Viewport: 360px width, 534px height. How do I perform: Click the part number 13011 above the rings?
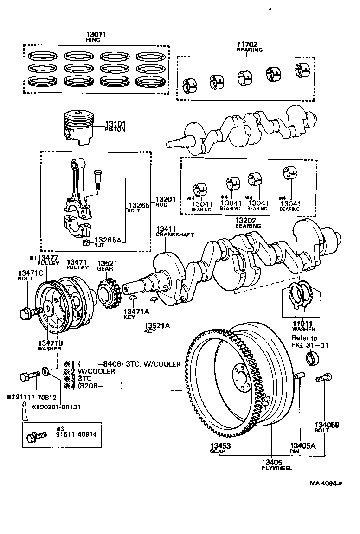96,34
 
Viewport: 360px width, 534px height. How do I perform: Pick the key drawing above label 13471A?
131,297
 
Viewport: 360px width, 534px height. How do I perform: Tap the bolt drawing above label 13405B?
322,378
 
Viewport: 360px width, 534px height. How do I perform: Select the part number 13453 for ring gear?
220,446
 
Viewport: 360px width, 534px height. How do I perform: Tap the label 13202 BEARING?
248,223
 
